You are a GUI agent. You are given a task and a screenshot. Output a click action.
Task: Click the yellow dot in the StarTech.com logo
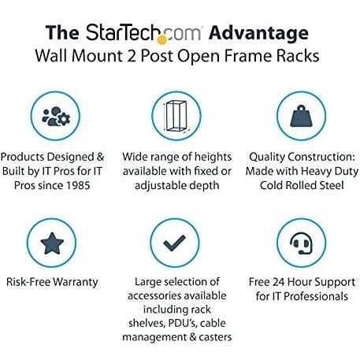162,39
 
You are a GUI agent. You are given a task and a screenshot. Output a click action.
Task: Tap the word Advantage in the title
258,34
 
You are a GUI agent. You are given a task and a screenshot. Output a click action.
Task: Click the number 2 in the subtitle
132,56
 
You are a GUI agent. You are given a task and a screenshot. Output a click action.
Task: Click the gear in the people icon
63,119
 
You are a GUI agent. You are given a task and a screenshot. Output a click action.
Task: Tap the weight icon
301,116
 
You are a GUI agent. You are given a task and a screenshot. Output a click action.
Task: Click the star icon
52,243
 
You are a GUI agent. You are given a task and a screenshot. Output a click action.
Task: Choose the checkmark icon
174,243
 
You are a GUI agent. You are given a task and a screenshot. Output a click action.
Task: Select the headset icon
301,243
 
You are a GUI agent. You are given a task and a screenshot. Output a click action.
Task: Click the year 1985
78,185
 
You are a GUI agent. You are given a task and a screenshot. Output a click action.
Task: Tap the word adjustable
161,186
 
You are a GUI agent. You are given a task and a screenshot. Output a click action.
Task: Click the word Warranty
76,282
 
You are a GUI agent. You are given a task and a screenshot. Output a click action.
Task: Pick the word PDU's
182,323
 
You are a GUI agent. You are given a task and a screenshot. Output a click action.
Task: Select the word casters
215,337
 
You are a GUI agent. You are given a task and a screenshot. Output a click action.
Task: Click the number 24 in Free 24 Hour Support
279,282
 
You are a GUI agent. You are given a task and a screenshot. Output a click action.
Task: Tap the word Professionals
316,296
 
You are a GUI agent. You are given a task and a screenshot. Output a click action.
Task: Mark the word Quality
263,158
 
